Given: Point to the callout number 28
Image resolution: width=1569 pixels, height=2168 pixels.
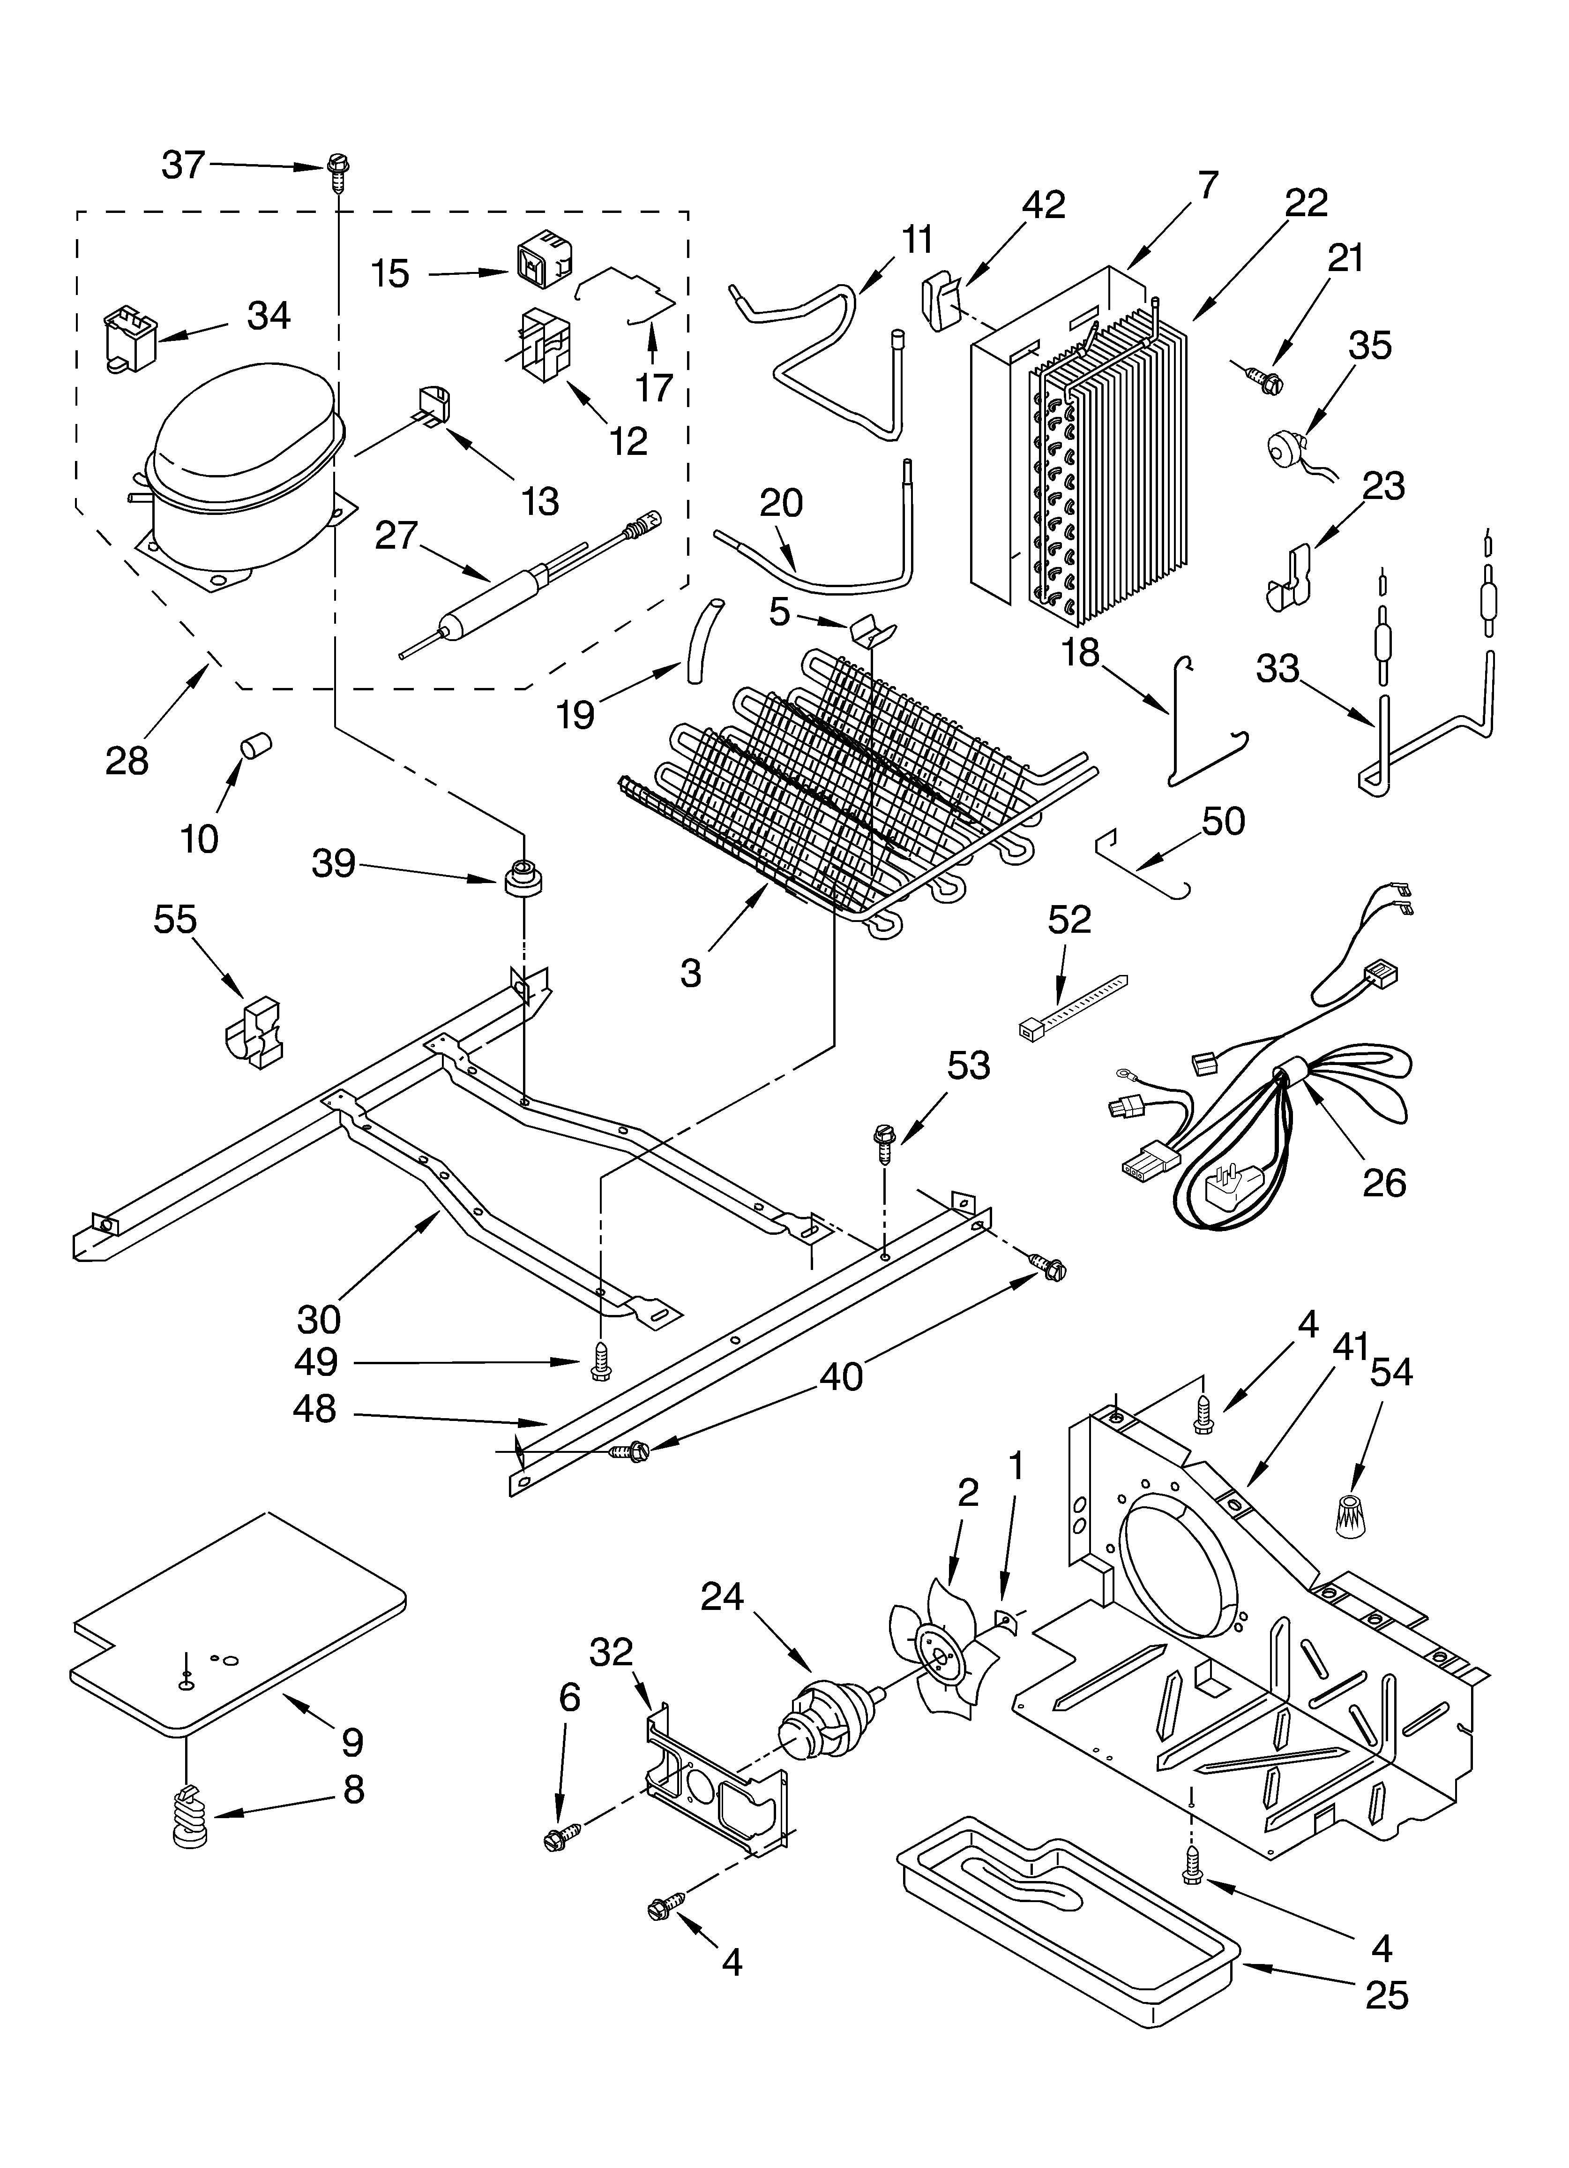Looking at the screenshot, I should click(127, 761).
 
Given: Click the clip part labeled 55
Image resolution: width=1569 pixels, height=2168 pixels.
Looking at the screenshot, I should click(253, 1036).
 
